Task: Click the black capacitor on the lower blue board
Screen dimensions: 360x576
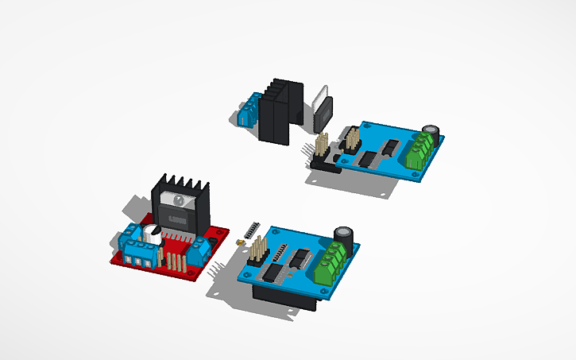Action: point(344,236)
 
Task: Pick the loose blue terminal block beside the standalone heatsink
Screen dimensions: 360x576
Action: point(248,112)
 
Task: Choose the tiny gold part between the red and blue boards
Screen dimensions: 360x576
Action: point(238,241)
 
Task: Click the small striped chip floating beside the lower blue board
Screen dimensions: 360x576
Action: point(252,230)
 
